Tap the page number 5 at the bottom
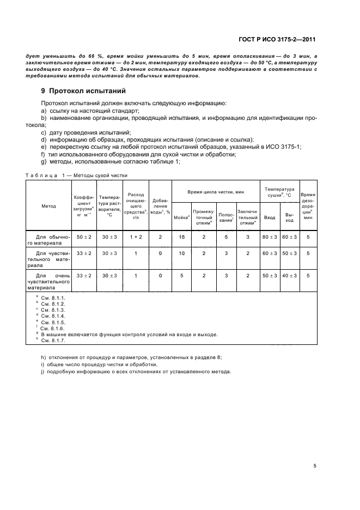[315, 466]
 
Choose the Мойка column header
[181, 217]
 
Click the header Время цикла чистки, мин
[216, 192]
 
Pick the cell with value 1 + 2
[136, 237]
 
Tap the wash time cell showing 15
[181, 237]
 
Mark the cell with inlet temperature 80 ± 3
[270, 237]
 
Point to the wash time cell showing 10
[181, 253]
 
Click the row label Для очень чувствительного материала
[48, 281]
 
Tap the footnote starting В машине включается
[130, 334]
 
